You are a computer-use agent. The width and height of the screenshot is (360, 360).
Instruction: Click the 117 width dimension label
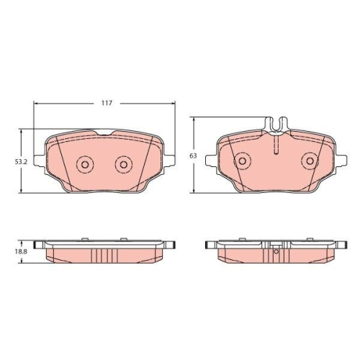pyautogui.click(x=106, y=104)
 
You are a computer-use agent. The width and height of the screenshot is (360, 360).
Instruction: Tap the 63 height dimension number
pyautogui.click(x=192, y=156)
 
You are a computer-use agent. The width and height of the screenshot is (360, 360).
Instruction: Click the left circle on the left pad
pyautogui.click(x=84, y=166)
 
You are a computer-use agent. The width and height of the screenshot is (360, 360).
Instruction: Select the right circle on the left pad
pyautogui.click(x=123, y=166)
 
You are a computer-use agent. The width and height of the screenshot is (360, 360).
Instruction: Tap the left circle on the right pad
pyautogui.click(x=243, y=161)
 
